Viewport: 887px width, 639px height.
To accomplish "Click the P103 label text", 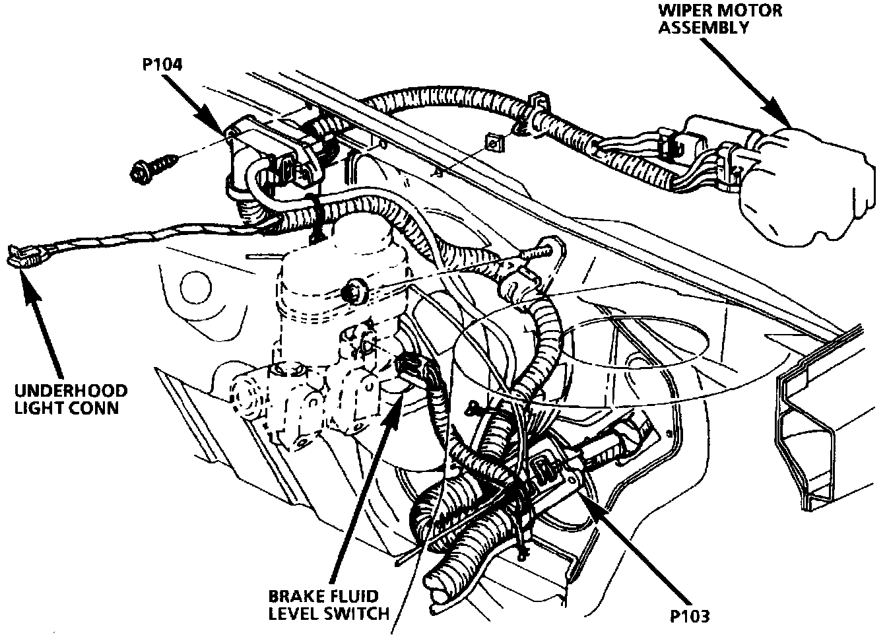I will pos(689,617).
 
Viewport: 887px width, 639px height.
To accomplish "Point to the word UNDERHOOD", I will pos(72,391).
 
